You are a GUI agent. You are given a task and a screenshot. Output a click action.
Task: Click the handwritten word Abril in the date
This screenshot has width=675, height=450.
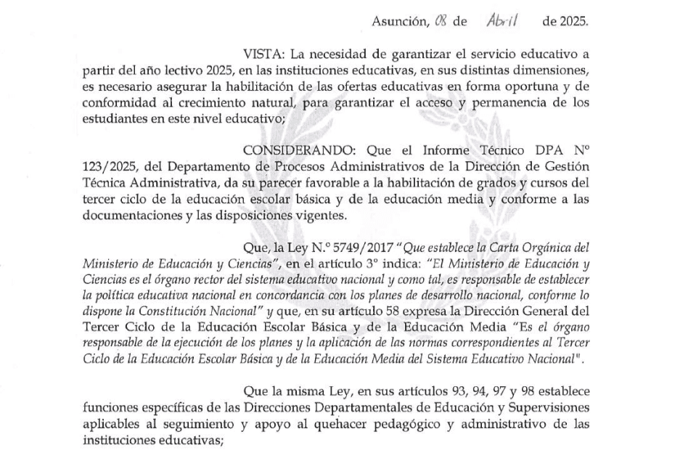[x=502, y=21]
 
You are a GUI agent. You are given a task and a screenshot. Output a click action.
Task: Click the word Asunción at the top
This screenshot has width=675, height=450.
[x=398, y=22]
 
